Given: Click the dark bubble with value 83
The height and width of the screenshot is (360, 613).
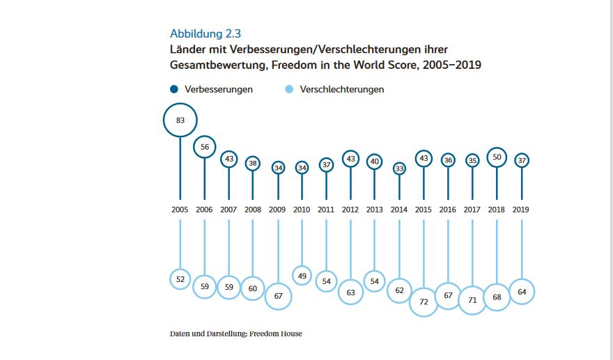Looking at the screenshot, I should (x=180, y=120).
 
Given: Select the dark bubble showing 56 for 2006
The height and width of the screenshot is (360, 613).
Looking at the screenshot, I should (x=204, y=147).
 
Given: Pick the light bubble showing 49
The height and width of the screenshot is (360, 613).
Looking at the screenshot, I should (x=302, y=276).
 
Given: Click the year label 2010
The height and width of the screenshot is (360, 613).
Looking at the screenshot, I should (x=302, y=209).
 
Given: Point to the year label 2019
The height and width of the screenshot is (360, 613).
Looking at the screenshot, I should (x=521, y=209).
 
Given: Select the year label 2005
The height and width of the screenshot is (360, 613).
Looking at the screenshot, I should (x=180, y=209).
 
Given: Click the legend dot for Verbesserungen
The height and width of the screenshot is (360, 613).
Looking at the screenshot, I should (x=173, y=89).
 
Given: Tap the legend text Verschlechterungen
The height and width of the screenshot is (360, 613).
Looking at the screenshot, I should (x=341, y=89).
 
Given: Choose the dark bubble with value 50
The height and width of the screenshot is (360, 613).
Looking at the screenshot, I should (x=497, y=158).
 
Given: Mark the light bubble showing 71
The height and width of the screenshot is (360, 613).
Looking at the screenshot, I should (x=472, y=299).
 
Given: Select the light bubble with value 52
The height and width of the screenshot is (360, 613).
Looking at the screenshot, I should (x=180, y=279).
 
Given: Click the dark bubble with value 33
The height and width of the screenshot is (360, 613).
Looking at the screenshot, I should (x=399, y=168).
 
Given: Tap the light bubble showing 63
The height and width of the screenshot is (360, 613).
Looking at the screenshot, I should (x=350, y=292).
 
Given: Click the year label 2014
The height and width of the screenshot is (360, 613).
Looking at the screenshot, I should (x=399, y=209).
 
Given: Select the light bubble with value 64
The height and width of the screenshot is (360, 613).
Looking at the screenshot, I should (x=521, y=291).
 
